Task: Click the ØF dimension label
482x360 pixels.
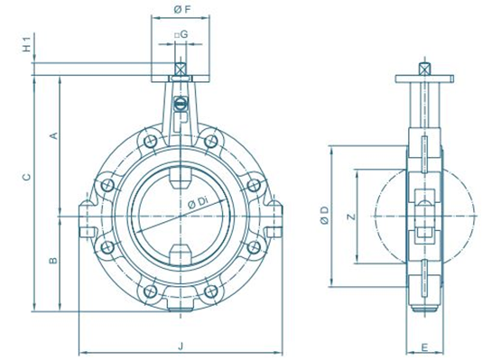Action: click(180, 10)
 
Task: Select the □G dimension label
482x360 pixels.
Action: click(181, 34)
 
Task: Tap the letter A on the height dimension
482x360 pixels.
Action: click(53, 135)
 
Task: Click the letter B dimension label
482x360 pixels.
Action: click(53, 261)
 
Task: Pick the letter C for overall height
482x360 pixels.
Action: click(27, 178)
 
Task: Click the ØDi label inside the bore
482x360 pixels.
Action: click(199, 203)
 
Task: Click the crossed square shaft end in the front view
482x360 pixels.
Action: click(181, 69)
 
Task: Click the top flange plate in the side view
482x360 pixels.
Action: click(422, 78)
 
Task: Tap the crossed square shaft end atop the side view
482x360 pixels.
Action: click(422, 67)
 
